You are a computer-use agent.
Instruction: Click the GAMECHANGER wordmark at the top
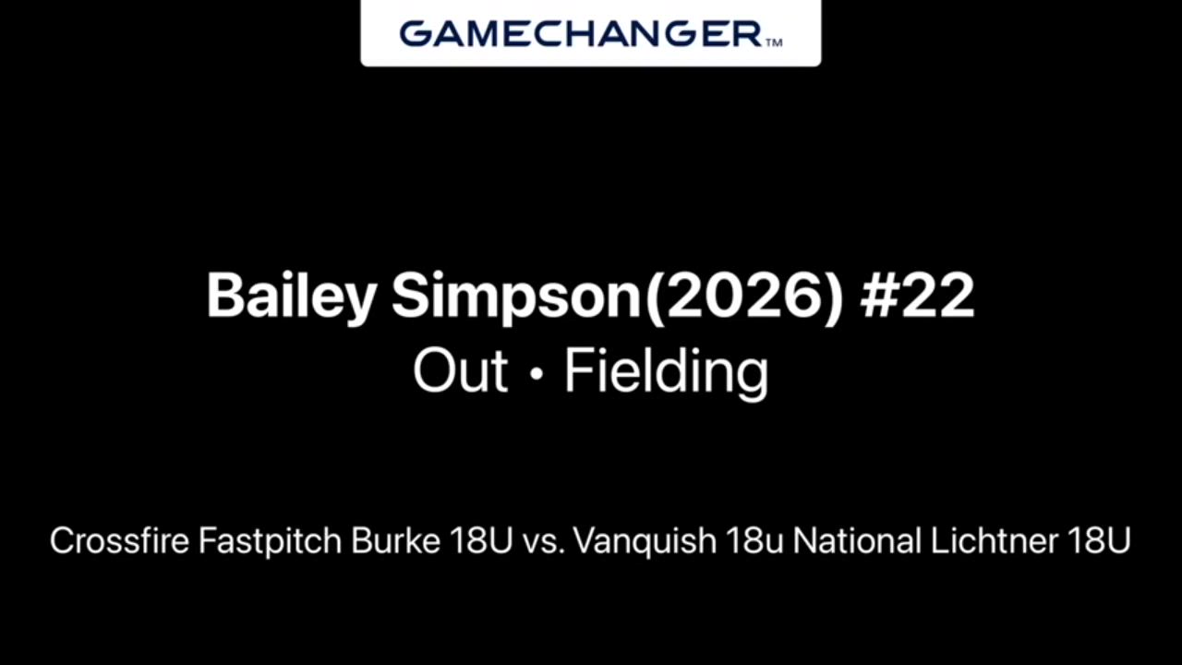(x=581, y=34)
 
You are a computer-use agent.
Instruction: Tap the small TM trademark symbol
(x=773, y=42)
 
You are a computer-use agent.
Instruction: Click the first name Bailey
(x=291, y=296)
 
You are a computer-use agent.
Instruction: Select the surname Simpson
(x=515, y=296)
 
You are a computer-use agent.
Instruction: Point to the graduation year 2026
(x=744, y=296)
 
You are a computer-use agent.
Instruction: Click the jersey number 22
(x=937, y=296)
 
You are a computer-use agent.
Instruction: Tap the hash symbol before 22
(x=877, y=296)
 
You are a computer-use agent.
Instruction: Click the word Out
(x=460, y=370)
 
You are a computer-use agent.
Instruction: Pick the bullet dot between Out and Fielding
(x=537, y=374)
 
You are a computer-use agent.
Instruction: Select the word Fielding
(x=667, y=372)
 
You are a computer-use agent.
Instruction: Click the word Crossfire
(x=119, y=540)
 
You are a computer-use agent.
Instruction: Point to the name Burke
(x=396, y=540)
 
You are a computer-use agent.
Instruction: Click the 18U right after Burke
(x=482, y=541)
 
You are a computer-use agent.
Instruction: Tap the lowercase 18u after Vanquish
(x=754, y=541)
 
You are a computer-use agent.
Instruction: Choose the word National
(x=857, y=540)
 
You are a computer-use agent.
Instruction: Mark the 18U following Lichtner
(x=1099, y=541)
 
